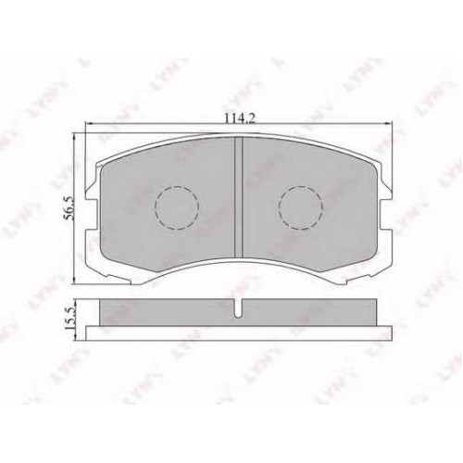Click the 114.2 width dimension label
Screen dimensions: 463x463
pos(240,119)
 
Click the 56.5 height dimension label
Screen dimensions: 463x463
pos(68,207)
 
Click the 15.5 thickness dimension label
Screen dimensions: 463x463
pos(69,319)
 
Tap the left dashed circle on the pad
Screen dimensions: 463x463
pos(177,207)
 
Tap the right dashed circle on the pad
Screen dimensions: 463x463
pos(301,207)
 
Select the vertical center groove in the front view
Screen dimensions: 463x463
pos(239,197)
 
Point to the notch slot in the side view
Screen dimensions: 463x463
pos(238,308)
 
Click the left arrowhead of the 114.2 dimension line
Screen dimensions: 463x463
pos(89,124)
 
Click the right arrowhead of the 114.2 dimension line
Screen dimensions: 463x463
pos(388,124)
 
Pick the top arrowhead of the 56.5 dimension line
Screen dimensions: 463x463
pos(74,137)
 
